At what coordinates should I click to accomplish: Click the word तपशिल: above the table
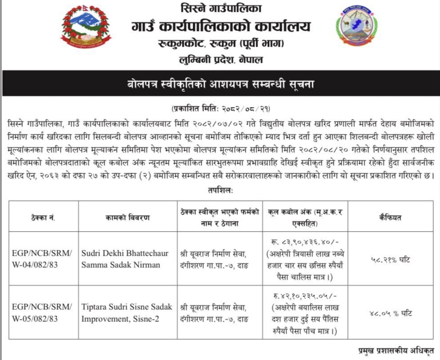(220, 190)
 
